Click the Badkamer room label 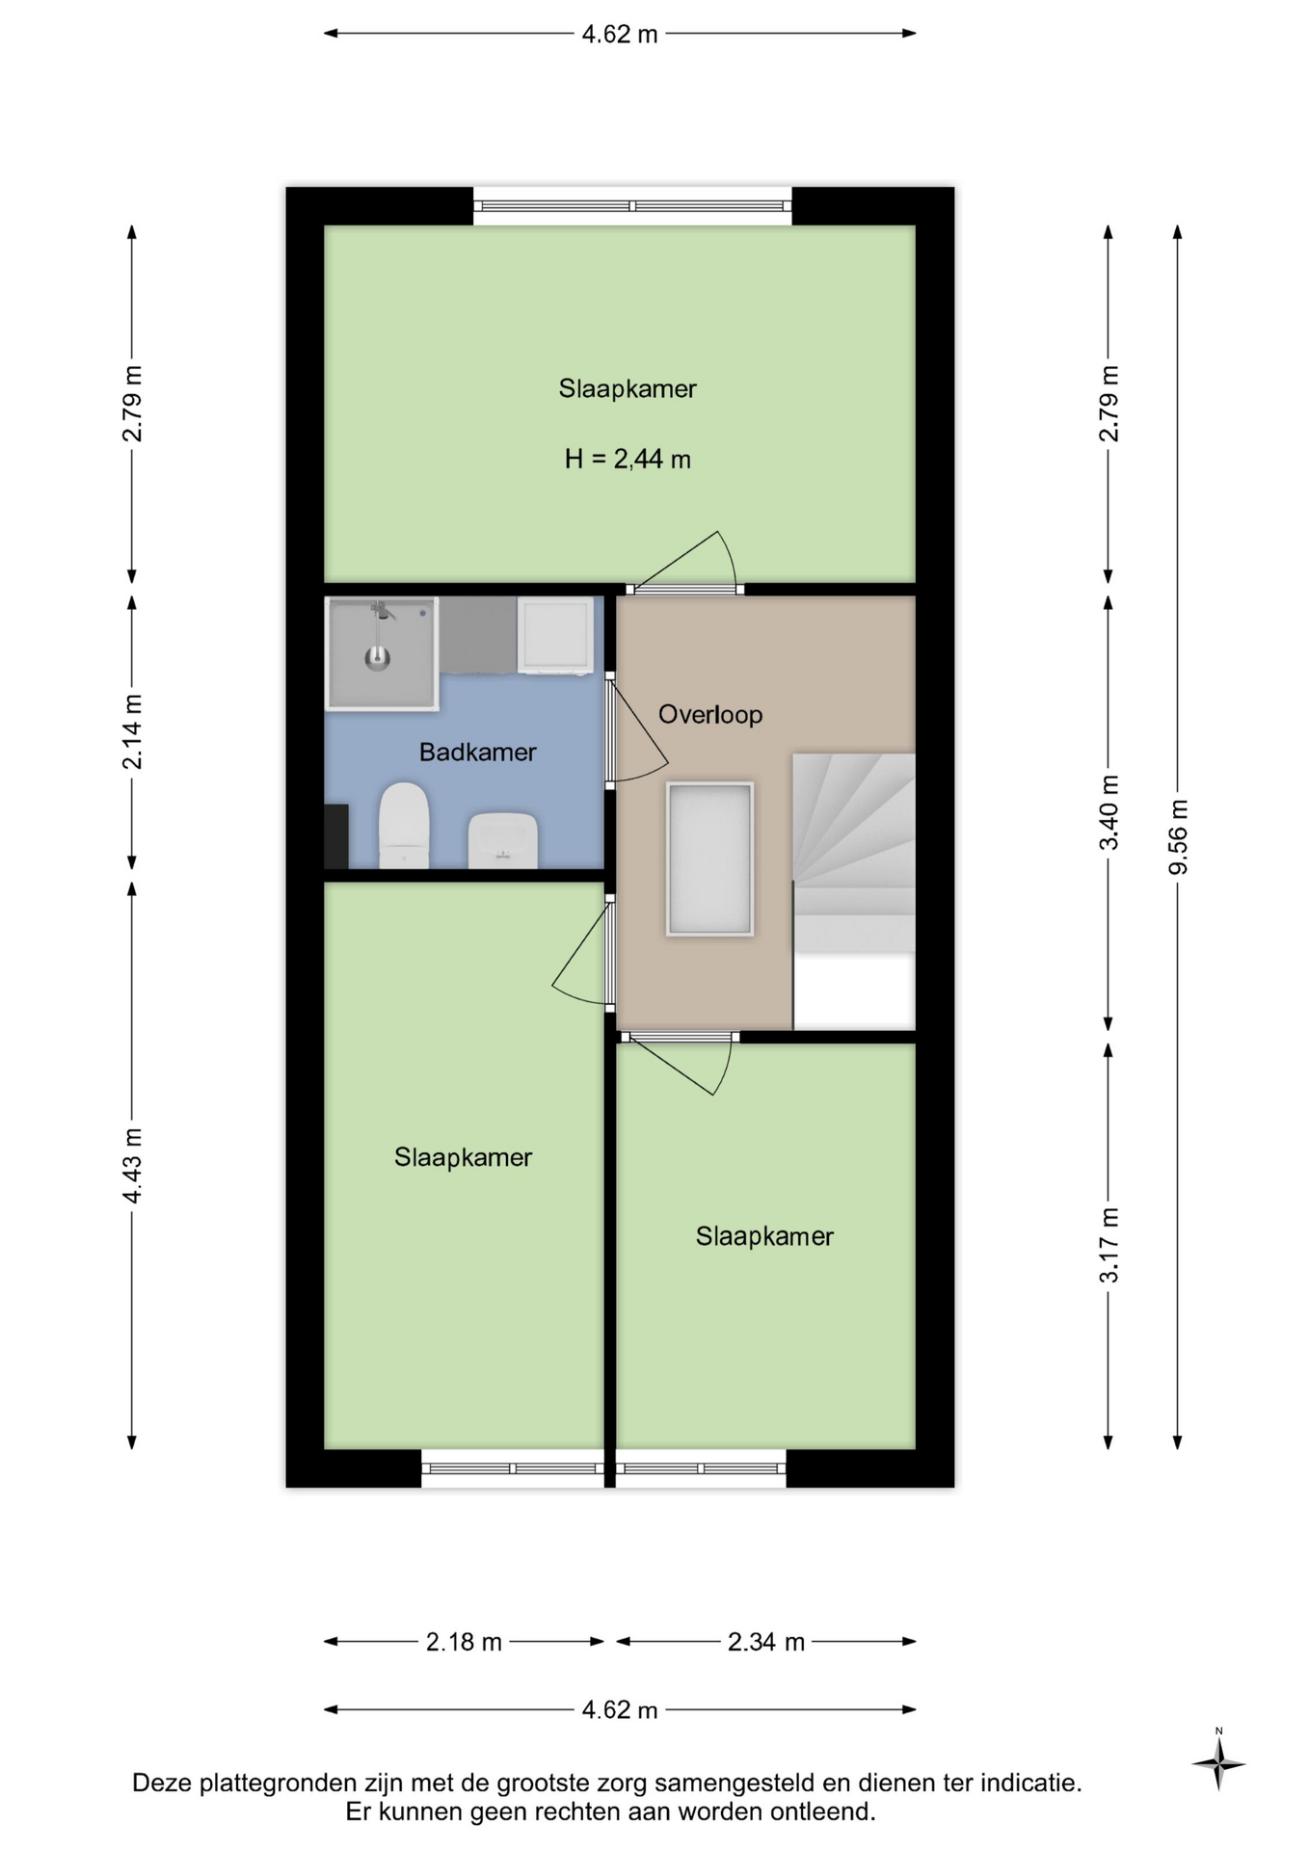[x=477, y=752]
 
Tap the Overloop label [x=710, y=714]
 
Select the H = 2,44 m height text [x=628, y=459]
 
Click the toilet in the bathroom [x=404, y=825]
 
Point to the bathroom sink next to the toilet [x=502, y=840]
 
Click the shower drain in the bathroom [x=377, y=658]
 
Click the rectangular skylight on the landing [x=709, y=859]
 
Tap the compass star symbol [x=1218, y=1764]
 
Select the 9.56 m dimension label [x=1178, y=836]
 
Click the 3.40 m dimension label [x=1109, y=812]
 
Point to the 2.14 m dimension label [x=132, y=731]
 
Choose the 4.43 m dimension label [x=132, y=1165]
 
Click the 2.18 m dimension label [x=464, y=1641]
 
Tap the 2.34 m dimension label [x=765, y=1641]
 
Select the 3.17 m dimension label [x=1109, y=1245]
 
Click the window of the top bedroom [x=632, y=206]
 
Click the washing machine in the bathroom [x=555, y=635]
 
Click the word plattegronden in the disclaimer [x=279, y=1784]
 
